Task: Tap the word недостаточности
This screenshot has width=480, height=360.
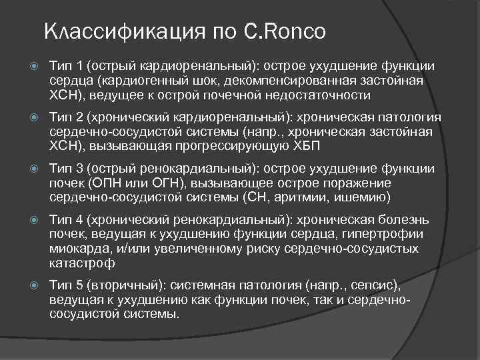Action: [x=313, y=95]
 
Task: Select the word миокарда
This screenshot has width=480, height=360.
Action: [x=77, y=248]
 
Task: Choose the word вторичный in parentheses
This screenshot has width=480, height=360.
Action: [x=115, y=285]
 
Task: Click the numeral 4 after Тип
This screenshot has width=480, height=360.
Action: [x=76, y=219]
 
